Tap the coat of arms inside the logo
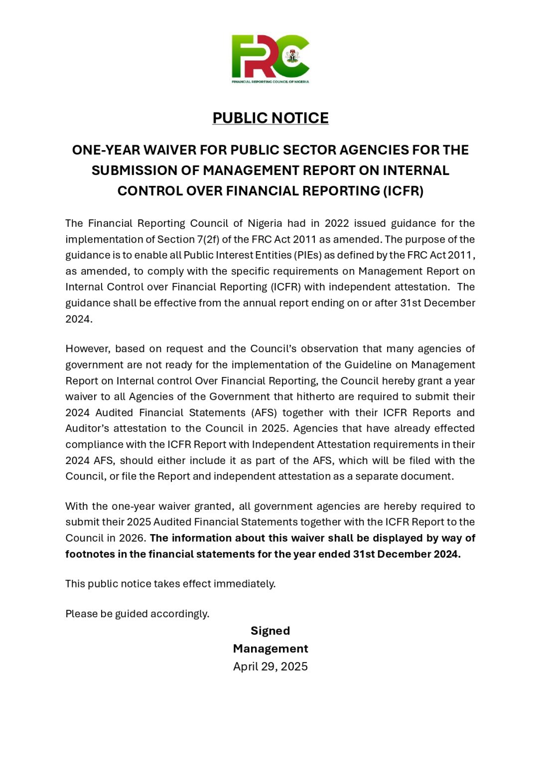coord(292,56)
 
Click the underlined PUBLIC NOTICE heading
coord(270,118)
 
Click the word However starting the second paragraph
coord(87,349)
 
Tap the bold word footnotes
coord(90,554)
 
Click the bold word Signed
coord(270,631)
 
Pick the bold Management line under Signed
coord(270,649)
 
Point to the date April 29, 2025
coord(270,667)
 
